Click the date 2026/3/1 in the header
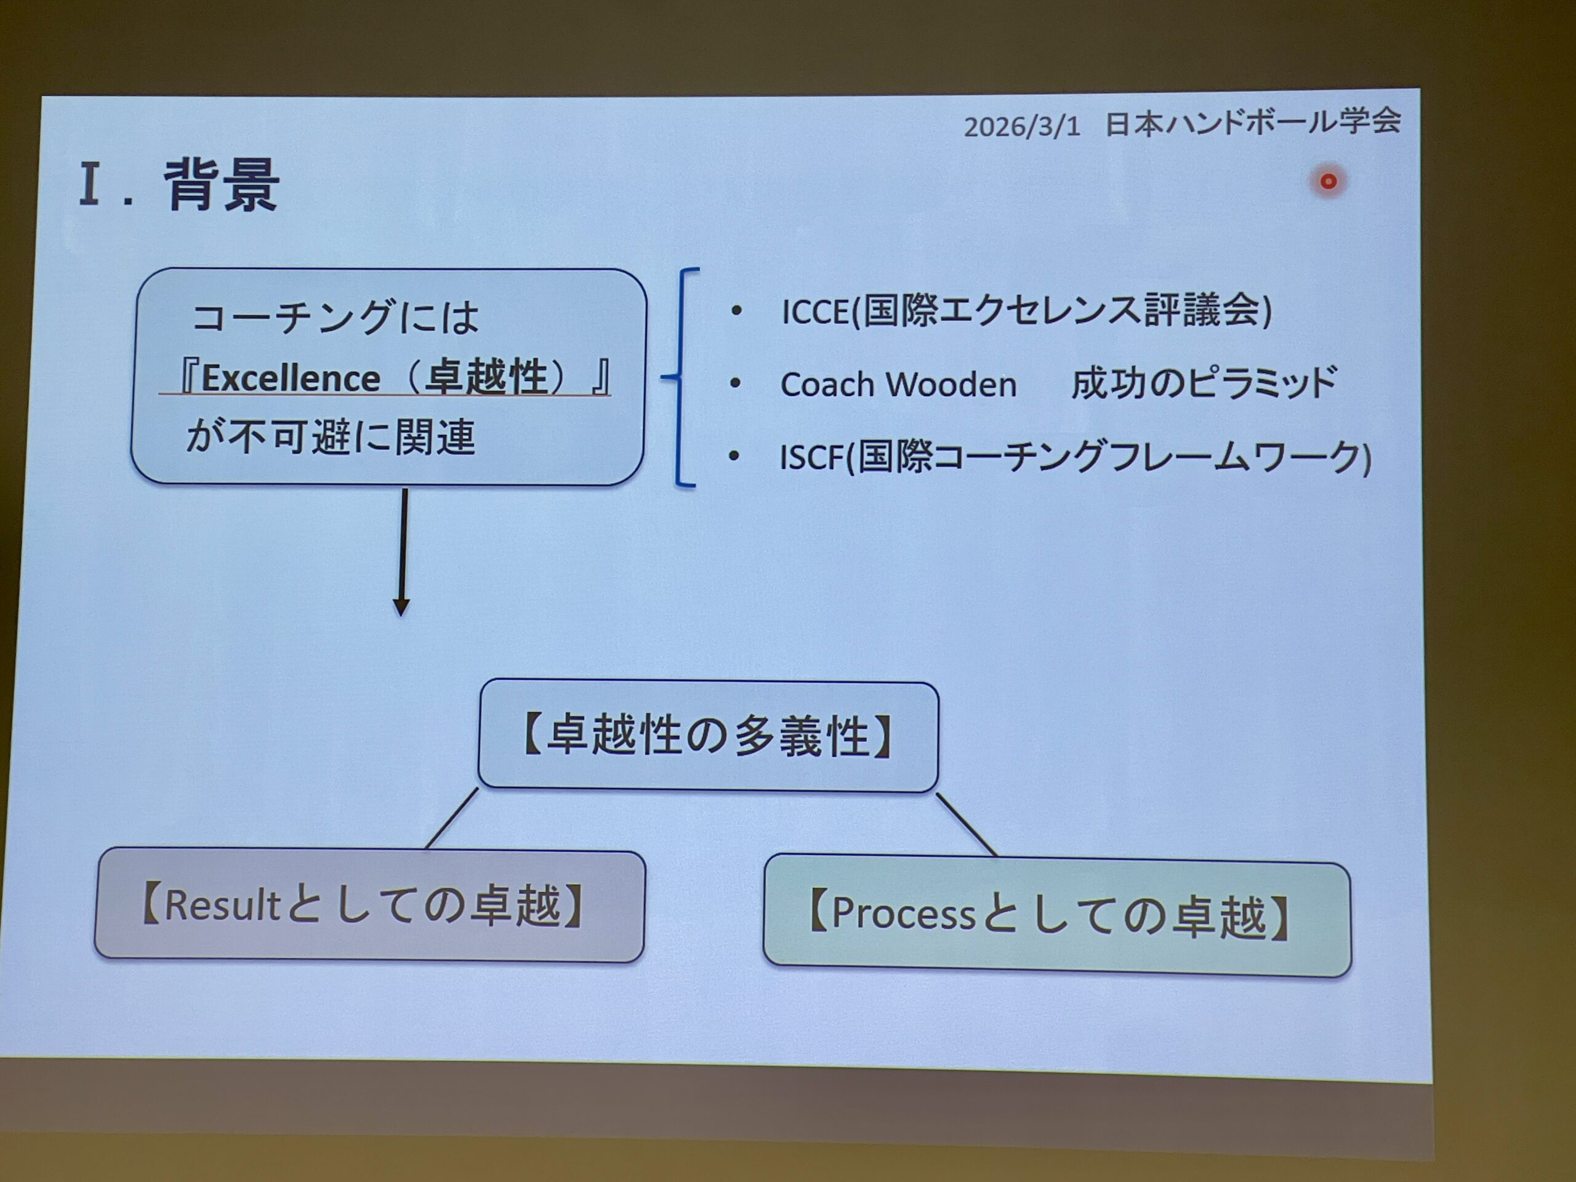(1022, 127)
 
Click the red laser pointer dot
(1328, 182)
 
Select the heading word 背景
(222, 185)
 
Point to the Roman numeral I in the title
(89, 184)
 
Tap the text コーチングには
(335, 317)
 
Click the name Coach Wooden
(898, 385)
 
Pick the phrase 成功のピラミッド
(1204, 384)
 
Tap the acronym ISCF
(811, 457)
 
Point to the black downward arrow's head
(401, 607)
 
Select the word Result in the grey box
(222, 905)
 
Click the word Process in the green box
(903, 914)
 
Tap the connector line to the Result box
(452, 818)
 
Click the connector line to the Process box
(966, 824)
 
